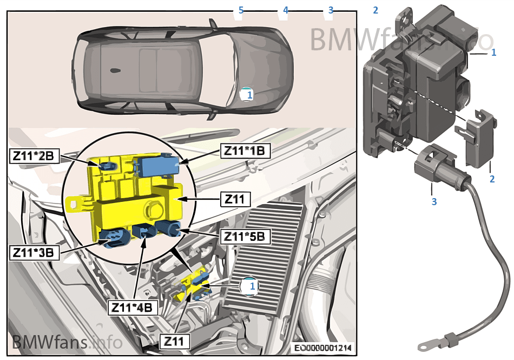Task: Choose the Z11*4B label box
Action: point(133,307)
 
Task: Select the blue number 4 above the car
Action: point(286,10)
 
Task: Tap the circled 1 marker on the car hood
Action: point(247,94)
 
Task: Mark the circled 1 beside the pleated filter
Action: point(249,285)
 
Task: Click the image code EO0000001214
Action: point(322,348)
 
